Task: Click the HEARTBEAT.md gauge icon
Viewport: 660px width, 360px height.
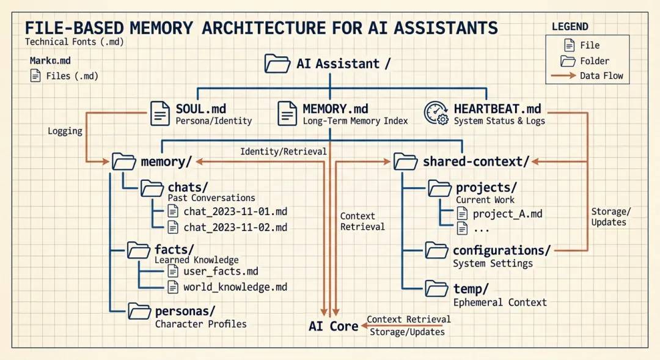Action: (x=437, y=114)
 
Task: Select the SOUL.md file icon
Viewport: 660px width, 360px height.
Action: (x=160, y=114)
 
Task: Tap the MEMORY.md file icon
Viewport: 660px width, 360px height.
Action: (x=287, y=114)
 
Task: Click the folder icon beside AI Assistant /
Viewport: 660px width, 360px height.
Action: (x=277, y=64)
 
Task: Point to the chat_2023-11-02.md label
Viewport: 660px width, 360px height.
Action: (x=235, y=227)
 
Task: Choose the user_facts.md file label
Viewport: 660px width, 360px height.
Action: (x=221, y=271)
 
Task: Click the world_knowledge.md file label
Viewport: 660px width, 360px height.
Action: (x=235, y=287)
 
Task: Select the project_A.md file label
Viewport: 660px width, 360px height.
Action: (x=508, y=214)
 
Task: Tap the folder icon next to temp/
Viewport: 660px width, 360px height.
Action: (x=437, y=288)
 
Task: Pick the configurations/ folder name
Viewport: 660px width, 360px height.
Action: (x=502, y=251)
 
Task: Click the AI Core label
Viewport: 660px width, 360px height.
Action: (x=334, y=326)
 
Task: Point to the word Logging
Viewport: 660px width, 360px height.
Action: (x=65, y=131)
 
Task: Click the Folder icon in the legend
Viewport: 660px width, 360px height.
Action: (x=568, y=61)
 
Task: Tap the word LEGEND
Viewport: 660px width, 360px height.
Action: (x=570, y=27)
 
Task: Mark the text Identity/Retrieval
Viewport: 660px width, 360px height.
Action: (x=283, y=151)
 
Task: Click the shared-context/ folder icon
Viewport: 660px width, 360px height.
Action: (x=405, y=161)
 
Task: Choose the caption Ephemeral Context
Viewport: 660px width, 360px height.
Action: (x=500, y=302)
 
